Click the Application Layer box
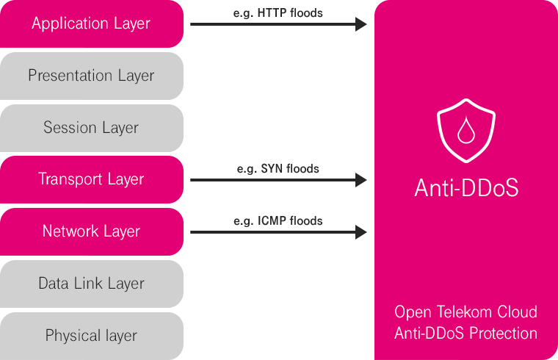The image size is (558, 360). pos(91,24)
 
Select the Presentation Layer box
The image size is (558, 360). pos(91,76)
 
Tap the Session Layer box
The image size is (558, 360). pos(91,128)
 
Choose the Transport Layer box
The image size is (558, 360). pos(91,179)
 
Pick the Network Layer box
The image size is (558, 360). pos(91,231)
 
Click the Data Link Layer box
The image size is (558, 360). pos(91,284)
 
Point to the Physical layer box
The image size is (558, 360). pos(91,336)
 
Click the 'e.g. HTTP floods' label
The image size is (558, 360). pos(278,12)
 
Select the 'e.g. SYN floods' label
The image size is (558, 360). pos(278,168)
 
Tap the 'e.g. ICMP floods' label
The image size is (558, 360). pos(278,220)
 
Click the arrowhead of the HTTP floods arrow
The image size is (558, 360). pos(361,24)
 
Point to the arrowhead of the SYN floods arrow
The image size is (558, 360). pos(361,180)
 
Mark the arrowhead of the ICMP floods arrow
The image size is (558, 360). pos(361,232)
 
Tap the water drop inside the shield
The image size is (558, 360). pos(466,132)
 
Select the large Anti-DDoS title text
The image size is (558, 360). pos(466,188)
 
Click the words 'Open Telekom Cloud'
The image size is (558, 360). pos(466,312)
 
